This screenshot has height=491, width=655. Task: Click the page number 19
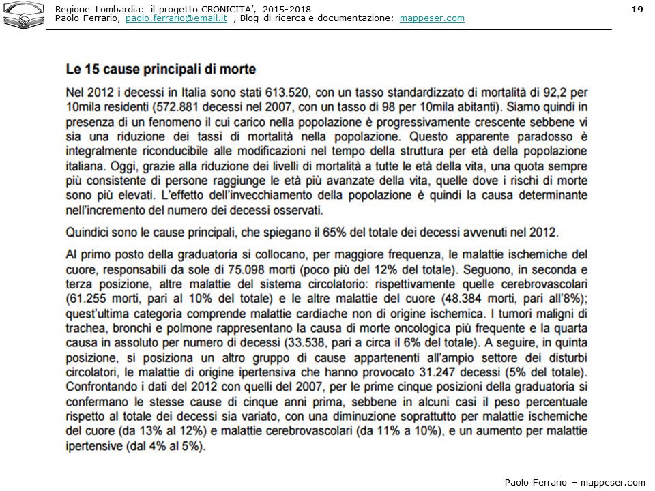pos(637,8)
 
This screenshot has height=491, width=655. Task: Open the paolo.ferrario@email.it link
pos(176,18)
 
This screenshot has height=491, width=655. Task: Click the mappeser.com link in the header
pos(431,18)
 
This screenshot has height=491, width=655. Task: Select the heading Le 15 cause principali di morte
pos(161,69)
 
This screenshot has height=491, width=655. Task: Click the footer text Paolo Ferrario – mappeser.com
pos(574,482)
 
